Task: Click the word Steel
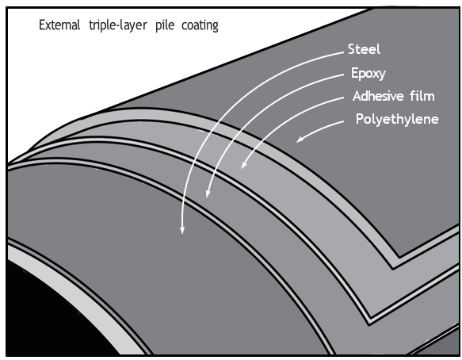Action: click(x=364, y=49)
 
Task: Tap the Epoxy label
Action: click(x=368, y=73)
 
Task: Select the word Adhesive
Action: click(x=378, y=96)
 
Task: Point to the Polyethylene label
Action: click(x=397, y=120)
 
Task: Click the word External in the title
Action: click(x=59, y=25)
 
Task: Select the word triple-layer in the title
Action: click(x=118, y=25)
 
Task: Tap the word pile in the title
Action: click(x=165, y=25)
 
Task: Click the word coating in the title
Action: click(x=200, y=25)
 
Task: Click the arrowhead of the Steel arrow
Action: click(x=182, y=231)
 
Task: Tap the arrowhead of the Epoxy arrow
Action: click(x=208, y=193)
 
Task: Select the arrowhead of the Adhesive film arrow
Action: click(x=243, y=166)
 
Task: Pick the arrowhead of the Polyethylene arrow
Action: click(x=300, y=140)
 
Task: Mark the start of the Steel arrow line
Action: click(x=344, y=52)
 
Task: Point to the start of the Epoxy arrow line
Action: click(x=344, y=75)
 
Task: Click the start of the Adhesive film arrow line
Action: click(x=344, y=98)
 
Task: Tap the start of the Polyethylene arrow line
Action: click(x=344, y=121)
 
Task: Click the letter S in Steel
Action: click(x=351, y=49)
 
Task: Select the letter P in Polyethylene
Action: click(x=360, y=118)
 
